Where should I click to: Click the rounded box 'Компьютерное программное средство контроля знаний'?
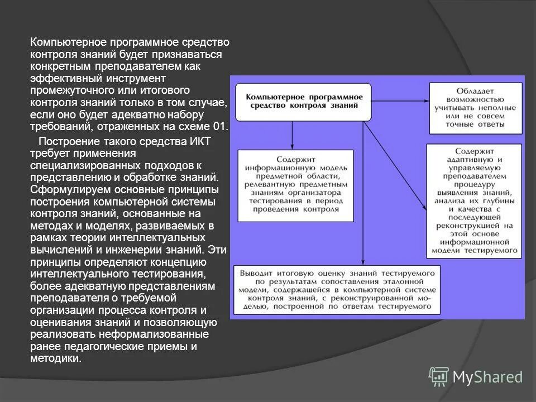pos(302,102)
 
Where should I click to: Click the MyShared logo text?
pos(487,377)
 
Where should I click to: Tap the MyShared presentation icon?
pos(438,377)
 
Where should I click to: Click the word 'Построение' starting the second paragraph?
pos(64,141)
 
